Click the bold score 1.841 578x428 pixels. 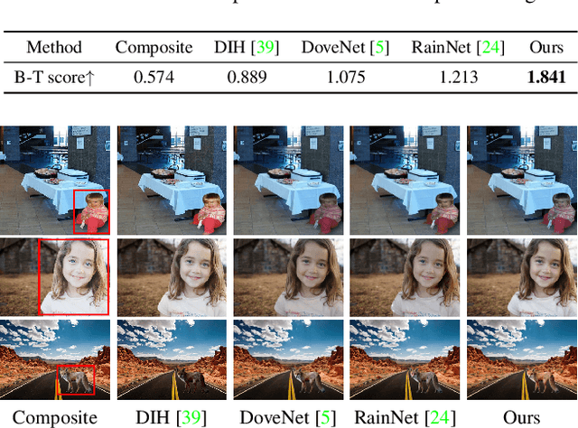pos(546,77)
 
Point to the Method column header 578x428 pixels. pos(54,47)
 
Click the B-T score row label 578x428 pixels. pos(53,77)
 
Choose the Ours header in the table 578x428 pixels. pos(546,47)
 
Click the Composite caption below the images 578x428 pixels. pos(55,416)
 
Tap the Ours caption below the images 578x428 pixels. pos(521,416)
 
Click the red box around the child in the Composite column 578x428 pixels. pos(91,211)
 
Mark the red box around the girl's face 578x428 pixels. pos(73,277)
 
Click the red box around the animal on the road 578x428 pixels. pos(75,378)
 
